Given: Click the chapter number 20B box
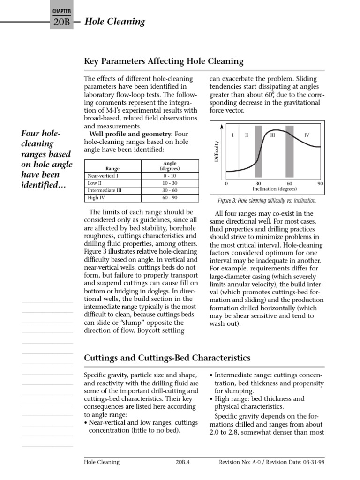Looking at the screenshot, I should (61, 22).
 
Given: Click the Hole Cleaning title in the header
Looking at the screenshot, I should (115, 22).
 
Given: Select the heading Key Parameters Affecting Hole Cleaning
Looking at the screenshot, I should (164, 61).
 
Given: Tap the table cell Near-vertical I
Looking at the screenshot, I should (103, 176).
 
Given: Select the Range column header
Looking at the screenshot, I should (112, 168).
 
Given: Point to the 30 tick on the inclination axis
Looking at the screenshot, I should (258, 184).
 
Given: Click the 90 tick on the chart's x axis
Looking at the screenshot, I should (321, 184).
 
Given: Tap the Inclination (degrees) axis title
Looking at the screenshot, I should (274, 189).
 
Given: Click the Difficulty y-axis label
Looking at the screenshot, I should (217, 153).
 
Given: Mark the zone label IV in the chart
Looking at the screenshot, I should (307, 135).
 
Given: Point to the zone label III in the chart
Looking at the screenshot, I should (272, 135).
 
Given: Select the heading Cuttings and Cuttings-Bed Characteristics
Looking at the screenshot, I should (167, 358).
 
